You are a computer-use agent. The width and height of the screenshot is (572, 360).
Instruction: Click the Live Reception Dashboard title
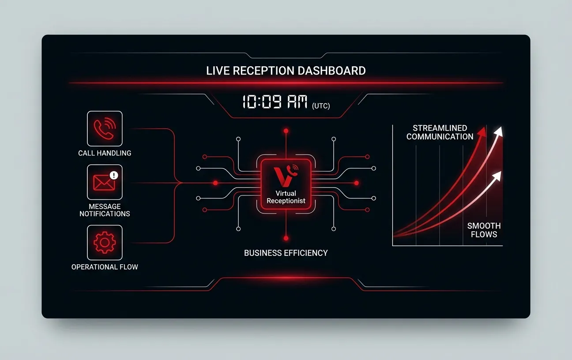[286, 71]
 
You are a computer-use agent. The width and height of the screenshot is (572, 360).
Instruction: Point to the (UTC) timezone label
[321, 106]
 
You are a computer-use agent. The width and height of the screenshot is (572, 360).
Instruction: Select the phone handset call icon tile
[105, 128]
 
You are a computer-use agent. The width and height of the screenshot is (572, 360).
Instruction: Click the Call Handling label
[105, 153]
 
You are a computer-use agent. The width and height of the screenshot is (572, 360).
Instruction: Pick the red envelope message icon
[104, 183]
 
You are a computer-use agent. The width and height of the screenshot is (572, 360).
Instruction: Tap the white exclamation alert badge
[114, 175]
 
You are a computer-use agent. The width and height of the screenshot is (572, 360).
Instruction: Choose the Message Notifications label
[105, 210]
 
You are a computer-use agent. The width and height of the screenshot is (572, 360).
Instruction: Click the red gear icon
[105, 242]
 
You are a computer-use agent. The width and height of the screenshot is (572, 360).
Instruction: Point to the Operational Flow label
[105, 267]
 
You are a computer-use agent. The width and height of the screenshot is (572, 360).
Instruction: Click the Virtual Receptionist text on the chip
[286, 197]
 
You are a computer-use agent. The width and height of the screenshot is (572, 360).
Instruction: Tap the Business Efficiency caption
[286, 253]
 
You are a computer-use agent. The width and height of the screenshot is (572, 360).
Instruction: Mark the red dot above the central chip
[286, 131]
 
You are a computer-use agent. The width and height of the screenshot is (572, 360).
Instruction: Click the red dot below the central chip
[286, 238]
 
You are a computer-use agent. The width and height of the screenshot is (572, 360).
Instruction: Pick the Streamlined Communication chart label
[440, 132]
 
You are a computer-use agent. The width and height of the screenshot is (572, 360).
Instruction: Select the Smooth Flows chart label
[484, 230]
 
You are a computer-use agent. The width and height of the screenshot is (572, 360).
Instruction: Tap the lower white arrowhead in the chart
[497, 176]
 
